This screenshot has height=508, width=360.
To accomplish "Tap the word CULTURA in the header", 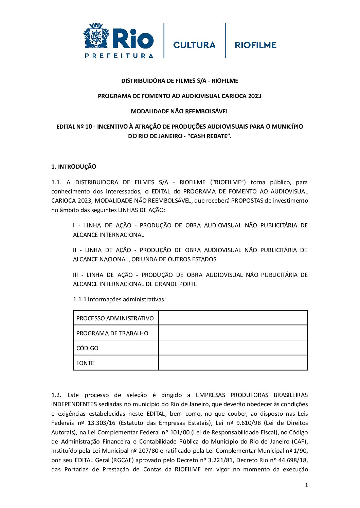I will click(194, 45).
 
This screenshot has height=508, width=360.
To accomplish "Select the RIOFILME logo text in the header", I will click(255, 45).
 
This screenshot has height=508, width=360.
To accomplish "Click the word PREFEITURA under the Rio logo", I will click(119, 56).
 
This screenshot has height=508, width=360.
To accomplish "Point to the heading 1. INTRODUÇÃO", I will click(74, 167).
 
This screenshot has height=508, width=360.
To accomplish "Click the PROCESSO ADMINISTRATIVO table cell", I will click(115, 318).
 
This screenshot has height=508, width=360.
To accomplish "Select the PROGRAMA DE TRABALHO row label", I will click(112, 333).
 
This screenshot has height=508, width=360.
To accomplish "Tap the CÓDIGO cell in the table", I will click(87, 348).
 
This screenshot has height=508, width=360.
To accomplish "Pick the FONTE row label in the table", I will click(85, 363).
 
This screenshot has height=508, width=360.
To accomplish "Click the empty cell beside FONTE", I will click(233, 363).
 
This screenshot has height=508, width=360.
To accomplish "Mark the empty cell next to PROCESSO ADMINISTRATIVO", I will click(233, 318).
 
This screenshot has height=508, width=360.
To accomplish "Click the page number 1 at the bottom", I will click(306, 485).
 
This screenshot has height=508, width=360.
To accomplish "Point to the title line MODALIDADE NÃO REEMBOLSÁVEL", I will click(180, 111).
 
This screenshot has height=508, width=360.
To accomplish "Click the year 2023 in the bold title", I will click(254, 96).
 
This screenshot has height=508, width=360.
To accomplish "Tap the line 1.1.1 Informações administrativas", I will click(119, 299).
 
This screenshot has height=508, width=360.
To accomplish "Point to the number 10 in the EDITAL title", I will click(88, 127).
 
